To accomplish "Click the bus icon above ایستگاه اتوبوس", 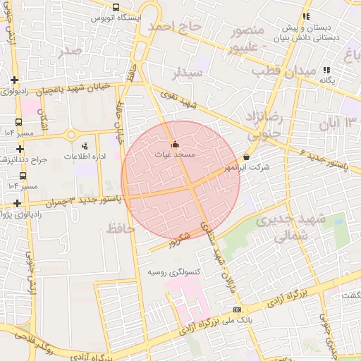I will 116,6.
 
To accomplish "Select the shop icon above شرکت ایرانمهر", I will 246,157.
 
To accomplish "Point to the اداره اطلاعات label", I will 86,155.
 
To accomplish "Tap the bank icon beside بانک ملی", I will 236,310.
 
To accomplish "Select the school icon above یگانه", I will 326,70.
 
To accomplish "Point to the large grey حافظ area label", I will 121,227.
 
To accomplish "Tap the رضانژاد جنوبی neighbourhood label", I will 261,122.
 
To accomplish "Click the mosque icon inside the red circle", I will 175,144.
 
